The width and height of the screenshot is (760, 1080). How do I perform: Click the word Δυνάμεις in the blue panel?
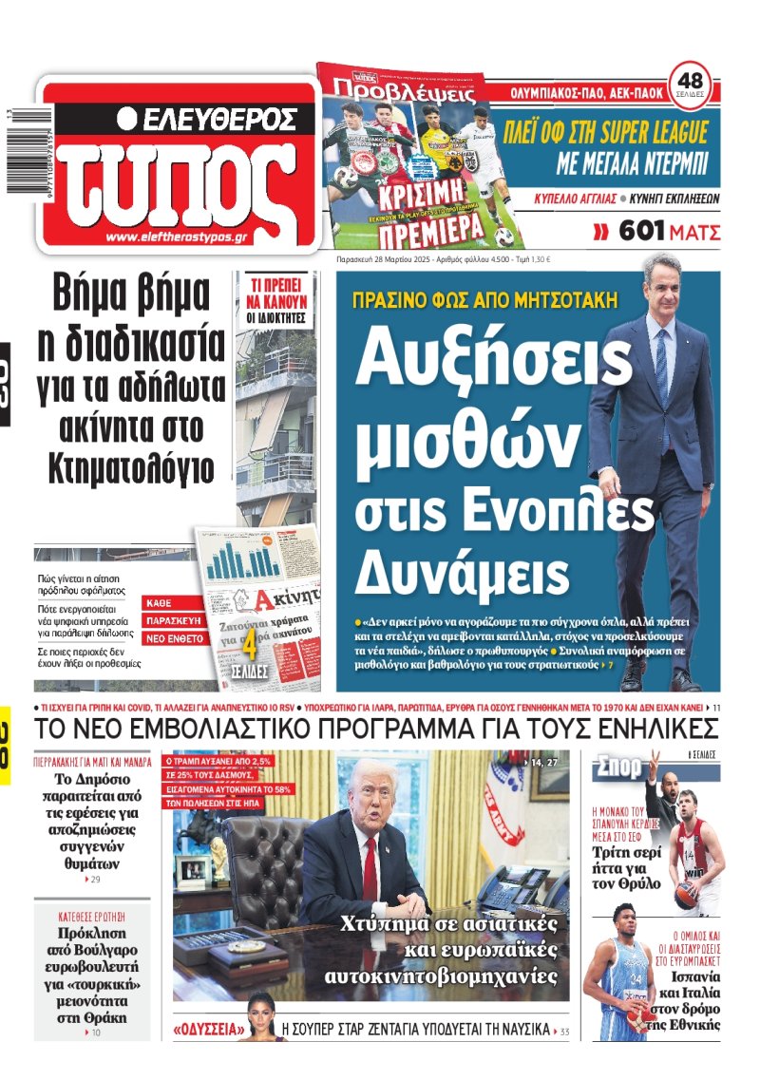pos(462,573)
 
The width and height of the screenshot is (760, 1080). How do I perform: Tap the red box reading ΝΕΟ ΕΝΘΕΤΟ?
pos(174,638)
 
